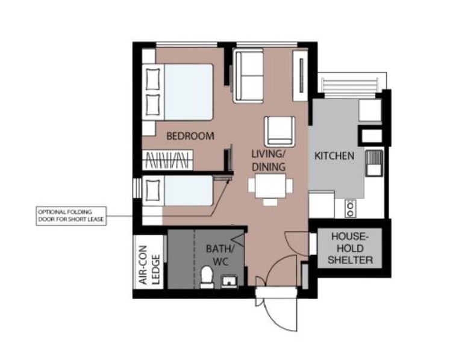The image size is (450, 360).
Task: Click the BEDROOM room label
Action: pos(190,135)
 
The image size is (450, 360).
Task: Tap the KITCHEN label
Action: pos(334,156)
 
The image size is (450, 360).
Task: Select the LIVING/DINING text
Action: pos(268,160)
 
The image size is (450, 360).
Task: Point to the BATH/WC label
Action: pos(220,255)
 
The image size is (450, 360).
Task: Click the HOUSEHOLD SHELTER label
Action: pos(350,248)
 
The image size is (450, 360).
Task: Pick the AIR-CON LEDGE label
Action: pos(149,265)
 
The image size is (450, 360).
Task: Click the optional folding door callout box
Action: pos(71,216)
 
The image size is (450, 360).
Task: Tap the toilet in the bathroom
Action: pos(207,277)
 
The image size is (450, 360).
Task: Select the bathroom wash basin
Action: pos(229,281)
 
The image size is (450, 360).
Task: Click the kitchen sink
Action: pos(374,163)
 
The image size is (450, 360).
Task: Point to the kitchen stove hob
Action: pos(350,208)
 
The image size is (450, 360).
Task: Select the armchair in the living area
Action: pos(280,131)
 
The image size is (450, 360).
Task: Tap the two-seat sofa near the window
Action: pos(248,76)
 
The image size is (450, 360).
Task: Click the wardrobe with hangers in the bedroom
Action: pos(167,160)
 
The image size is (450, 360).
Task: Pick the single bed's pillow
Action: pos(152,190)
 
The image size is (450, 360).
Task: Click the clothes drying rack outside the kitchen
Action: pos(349,85)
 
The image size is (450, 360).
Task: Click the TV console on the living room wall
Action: pos(301,76)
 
